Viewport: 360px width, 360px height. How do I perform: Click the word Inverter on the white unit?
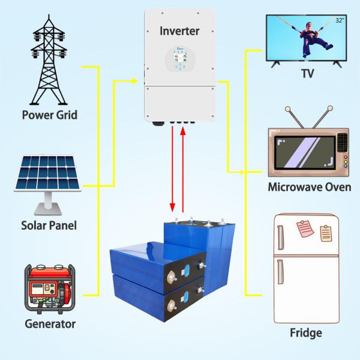179,31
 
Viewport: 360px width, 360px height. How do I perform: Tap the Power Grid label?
50,115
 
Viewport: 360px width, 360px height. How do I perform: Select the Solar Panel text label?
49,225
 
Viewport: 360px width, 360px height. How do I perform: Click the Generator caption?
50,324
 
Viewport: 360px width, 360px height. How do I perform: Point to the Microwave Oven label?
310,187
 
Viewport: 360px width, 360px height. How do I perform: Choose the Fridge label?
306,332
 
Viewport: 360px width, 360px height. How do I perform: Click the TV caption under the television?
307,73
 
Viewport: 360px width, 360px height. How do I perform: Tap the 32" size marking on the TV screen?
340,20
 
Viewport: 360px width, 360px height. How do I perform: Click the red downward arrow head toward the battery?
172,208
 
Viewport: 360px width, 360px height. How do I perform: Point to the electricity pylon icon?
49,59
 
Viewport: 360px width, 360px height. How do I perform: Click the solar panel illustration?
48,185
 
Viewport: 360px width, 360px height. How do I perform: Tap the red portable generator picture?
50,289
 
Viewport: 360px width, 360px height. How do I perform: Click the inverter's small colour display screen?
180,56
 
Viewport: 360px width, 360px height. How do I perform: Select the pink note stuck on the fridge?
305,229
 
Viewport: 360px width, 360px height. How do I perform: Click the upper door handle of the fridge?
280,238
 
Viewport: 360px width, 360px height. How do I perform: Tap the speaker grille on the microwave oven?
343,142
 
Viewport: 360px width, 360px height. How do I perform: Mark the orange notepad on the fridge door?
326,233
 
